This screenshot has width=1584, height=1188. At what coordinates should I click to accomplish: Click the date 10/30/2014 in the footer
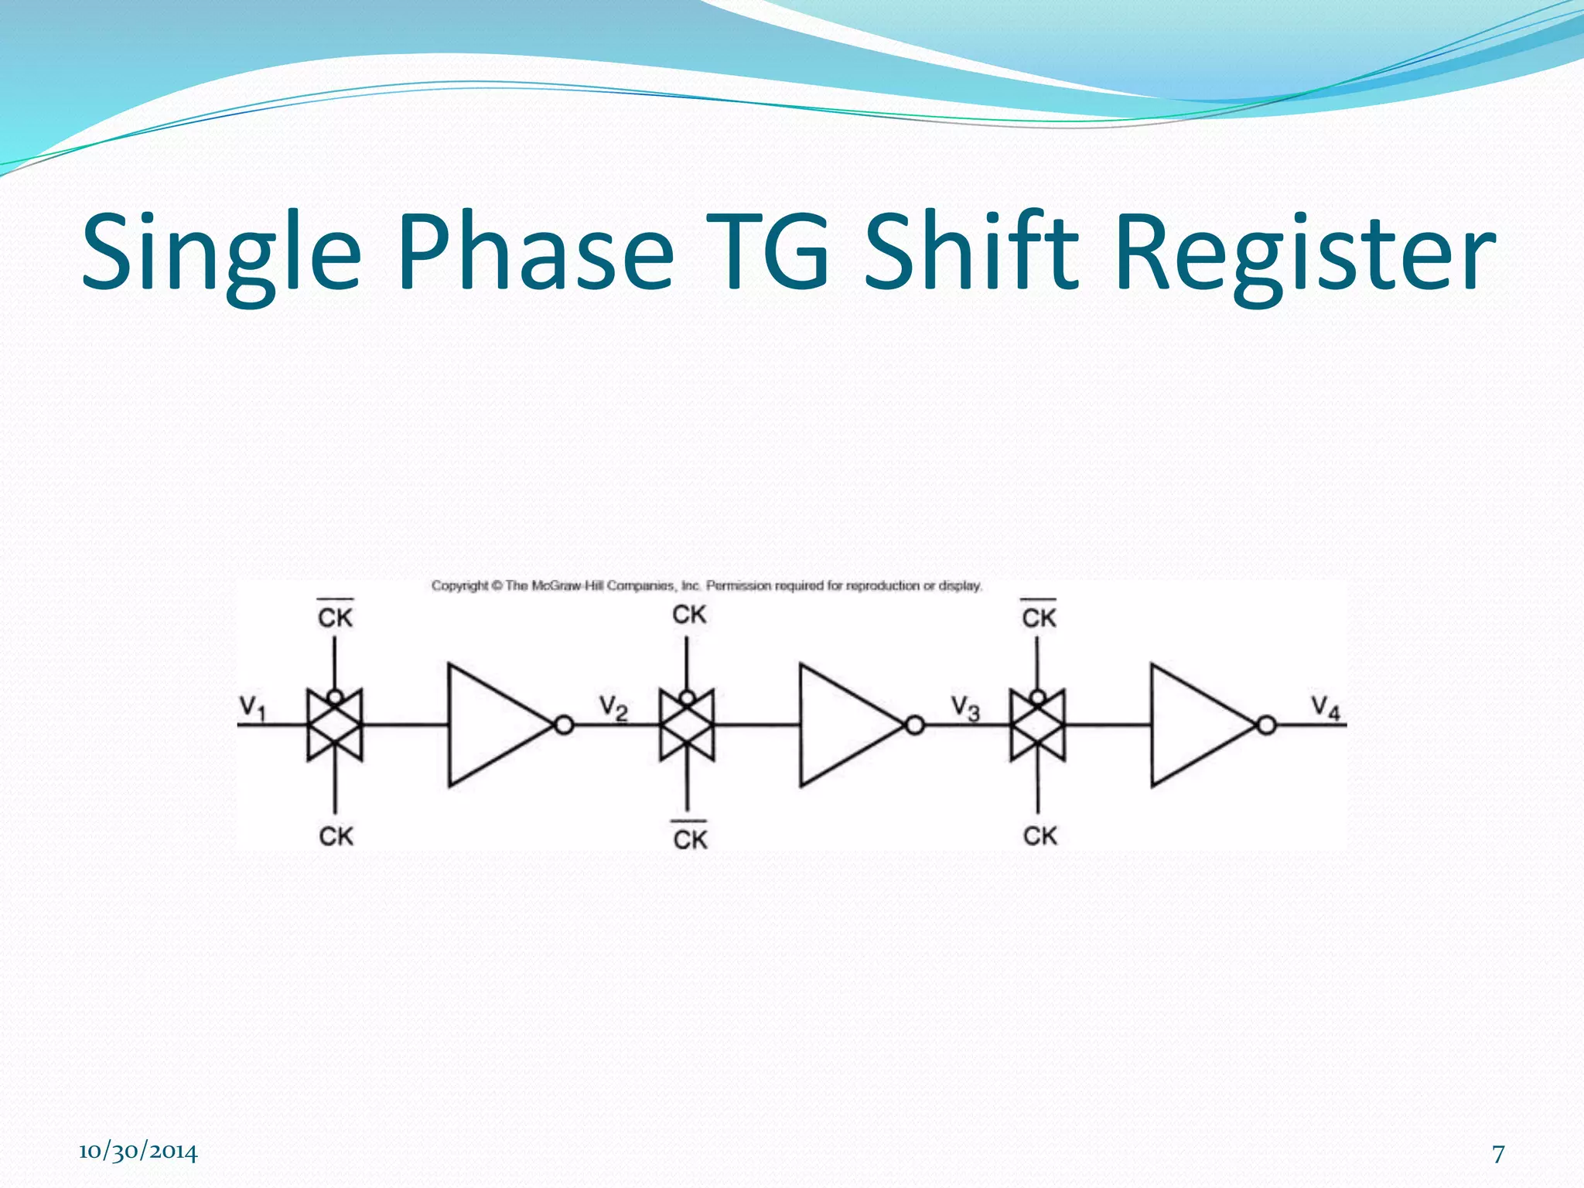coord(138,1152)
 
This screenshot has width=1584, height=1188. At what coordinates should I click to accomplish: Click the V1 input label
coord(252,707)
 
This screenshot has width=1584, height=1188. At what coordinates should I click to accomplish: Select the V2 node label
coord(613,707)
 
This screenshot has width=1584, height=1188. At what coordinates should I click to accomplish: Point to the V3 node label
coord(965,707)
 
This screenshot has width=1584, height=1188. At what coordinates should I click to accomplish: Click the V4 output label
coord(1325,707)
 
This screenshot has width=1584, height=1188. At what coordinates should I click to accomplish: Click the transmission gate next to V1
coord(334,725)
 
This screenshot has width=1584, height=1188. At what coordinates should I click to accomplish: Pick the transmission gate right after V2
coord(687,725)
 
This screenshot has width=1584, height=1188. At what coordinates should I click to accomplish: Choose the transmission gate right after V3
coord(1038,725)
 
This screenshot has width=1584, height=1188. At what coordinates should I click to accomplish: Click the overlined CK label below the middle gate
coord(690,838)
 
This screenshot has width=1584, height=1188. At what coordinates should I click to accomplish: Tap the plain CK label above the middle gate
coord(689,615)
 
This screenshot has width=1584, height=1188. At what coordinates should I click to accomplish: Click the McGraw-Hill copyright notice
coord(706,586)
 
